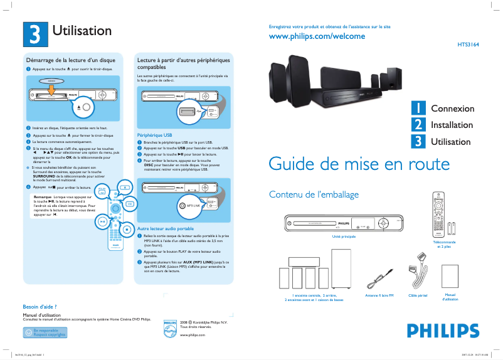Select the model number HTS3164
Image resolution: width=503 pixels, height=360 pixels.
tap(467, 46)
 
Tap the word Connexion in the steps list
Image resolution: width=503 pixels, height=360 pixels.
tap(452, 109)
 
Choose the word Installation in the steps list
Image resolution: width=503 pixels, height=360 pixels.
tap(452, 125)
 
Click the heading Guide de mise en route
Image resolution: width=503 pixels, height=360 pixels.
tap(359, 164)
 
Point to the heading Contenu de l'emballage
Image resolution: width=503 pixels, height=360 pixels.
tap(314, 194)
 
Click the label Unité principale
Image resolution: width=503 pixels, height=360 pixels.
tap(344, 236)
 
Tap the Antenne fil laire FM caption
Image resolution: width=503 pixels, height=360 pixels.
tap(379, 295)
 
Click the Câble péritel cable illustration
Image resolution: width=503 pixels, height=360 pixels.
tap(417, 270)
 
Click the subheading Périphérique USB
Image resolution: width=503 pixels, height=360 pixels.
tap(154, 135)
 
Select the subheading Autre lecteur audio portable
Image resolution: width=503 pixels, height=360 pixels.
tap(165, 229)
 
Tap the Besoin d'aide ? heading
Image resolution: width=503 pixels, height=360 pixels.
tap(40, 307)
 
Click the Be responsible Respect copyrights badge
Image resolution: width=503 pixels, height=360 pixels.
tap(45, 332)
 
